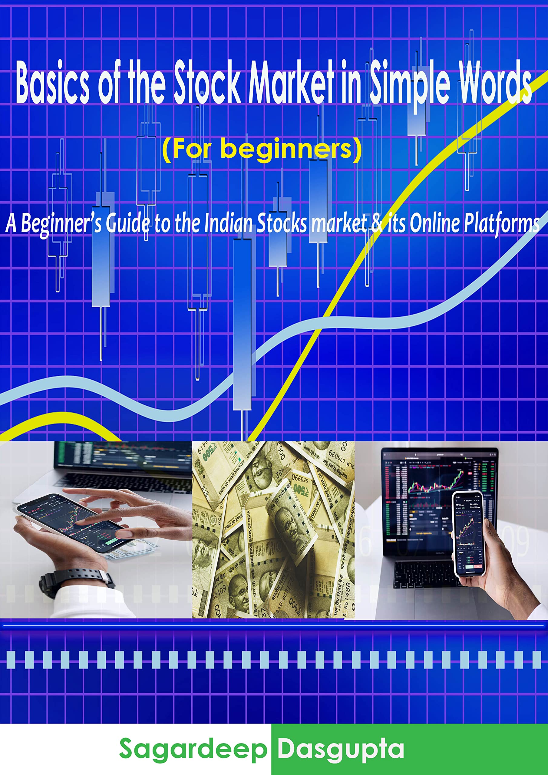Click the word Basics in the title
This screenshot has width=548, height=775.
click(52, 83)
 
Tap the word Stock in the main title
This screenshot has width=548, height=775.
click(207, 83)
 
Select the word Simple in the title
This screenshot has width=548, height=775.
click(410, 83)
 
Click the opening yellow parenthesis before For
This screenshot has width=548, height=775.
click(167, 149)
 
